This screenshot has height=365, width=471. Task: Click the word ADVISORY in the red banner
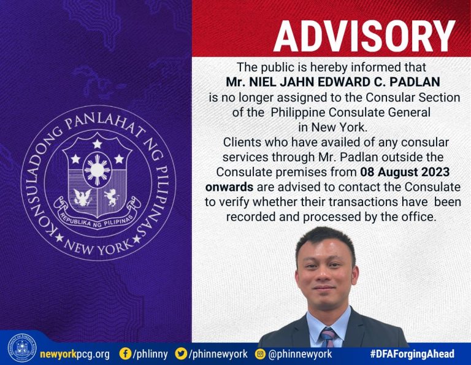pos(364,36)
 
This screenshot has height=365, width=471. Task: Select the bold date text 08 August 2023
pos(405,172)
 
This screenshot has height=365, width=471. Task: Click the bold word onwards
pos(229,187)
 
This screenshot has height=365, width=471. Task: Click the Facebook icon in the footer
pos(125,353)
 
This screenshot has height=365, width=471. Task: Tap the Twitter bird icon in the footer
pos(181,353)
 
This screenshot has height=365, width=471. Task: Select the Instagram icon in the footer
pos(260,354)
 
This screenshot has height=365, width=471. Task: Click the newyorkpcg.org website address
pos(75,354)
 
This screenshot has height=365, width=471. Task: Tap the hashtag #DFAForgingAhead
pos(412,354)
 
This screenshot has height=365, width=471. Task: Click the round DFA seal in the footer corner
pos(22,348)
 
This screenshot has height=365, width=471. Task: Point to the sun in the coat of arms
pos(97,170)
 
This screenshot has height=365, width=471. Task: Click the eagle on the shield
pos(82,198)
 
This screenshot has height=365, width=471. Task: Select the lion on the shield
pos(112,198)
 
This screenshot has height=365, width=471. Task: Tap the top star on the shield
pos(97,144)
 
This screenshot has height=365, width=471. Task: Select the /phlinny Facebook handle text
pos(150,354)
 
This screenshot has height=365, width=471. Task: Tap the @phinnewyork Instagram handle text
pos(300,354)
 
